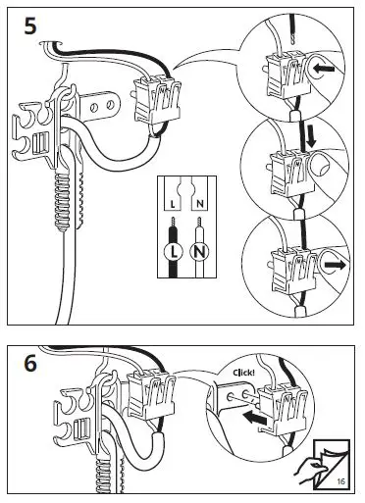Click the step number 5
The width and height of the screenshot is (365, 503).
pyautogui.click(x=30, y=26)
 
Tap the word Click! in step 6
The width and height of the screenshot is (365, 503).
pyautogui.click(x=243, y=373)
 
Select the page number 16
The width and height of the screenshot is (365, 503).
pyautogui.click(x=340, y=481)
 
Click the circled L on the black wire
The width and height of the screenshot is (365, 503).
pyautogui.click(x=174, y=252)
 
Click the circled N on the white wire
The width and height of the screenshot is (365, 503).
pyautogui.click(x=199, y=252)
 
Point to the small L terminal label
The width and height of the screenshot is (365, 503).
pyautogui.click(x=173, y=205)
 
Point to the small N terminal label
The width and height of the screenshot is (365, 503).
pyautogui.click(x=200, y=205)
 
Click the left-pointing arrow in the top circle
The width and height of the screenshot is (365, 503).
pyautogui.click(x=324, y=69)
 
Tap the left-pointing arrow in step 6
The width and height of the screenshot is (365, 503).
pyautogui.click(x=255, y=418)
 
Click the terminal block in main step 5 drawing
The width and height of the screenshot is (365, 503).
pyautogui.click(x=158, y=100)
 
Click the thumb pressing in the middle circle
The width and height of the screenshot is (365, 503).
pyautogui.click(x=321, y=165)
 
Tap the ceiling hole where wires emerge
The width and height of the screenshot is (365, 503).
pyautogui.click(x=51, y=43)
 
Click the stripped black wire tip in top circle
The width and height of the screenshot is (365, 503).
pyautogui.click(x=294, y=40)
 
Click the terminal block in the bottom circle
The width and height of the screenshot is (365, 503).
pyautogui.click(x=292, y=269)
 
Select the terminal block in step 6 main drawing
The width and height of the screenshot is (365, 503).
pyautogui.click(x=151, y=394)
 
